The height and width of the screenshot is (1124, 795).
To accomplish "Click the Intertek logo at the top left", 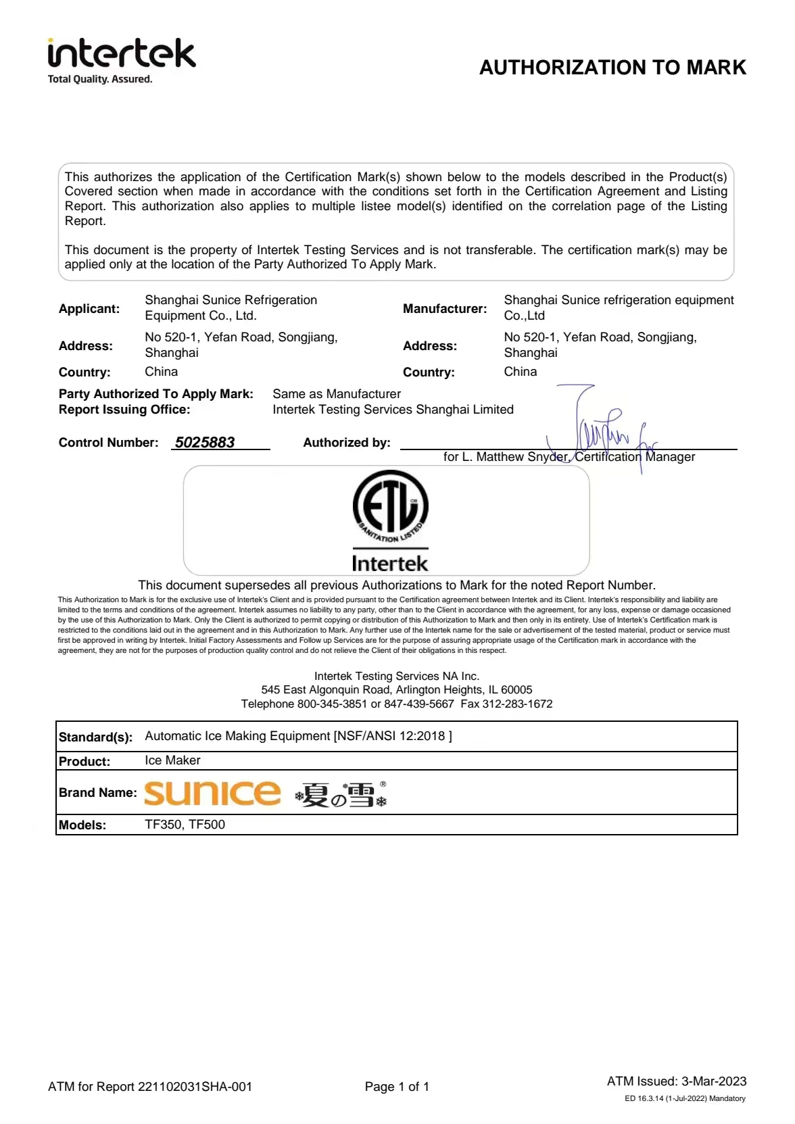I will point(122,54).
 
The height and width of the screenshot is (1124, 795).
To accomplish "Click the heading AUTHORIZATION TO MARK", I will point(612,68).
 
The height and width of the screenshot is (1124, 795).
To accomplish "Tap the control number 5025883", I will point(205,443).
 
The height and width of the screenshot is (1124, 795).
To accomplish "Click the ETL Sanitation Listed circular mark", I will point(390,507).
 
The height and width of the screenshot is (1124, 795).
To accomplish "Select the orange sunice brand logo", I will point(212,793).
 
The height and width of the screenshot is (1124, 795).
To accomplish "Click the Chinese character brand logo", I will point(341,795).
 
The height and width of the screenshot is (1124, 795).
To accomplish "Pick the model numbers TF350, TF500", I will point(185,825).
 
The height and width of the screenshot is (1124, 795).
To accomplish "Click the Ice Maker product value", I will point(172,760).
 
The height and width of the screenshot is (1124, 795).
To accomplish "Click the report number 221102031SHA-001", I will point(195,1087).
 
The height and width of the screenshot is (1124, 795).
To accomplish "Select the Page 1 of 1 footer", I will point(397,1087).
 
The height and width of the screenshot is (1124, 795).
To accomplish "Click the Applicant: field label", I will point(89,309).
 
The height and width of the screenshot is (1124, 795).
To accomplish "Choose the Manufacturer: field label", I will point(445,309).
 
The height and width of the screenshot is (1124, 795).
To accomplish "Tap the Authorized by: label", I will point(347,443).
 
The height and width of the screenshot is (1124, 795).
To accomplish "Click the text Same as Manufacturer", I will point(337,394).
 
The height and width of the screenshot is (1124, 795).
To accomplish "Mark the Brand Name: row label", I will point(97,793).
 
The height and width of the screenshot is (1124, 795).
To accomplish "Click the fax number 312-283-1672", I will point(517,704).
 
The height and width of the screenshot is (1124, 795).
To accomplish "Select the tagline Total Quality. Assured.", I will point(100,79).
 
